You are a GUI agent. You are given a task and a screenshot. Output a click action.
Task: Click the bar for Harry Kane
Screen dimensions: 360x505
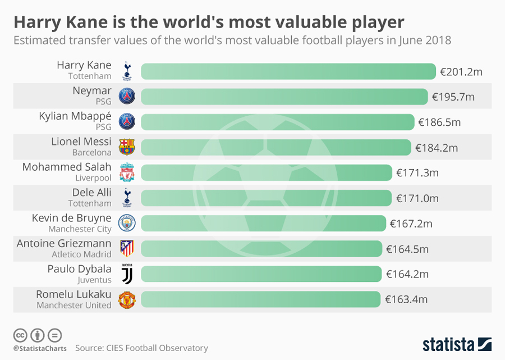(x=288, y=71)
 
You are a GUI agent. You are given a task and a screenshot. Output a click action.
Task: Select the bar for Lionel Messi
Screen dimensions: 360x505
(x=276, y=147)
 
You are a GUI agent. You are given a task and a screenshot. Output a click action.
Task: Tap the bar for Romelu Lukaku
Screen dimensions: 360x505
(x=261, y=299)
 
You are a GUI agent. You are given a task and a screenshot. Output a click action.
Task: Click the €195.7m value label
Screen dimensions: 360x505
(x=453, y=97)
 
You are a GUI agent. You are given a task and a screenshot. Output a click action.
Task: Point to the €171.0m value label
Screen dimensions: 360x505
(x=417, y=198)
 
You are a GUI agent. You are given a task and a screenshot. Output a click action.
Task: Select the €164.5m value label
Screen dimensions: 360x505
(x=407, y=249)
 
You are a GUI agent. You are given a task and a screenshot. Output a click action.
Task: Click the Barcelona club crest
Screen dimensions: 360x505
(x=127, y=147)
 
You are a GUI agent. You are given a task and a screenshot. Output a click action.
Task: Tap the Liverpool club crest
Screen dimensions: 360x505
(x=127, y=172)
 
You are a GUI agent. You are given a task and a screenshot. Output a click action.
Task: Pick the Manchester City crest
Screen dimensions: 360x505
(x=127, y=224)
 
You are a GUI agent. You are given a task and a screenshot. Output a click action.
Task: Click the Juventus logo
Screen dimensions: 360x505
(x=127, y=274)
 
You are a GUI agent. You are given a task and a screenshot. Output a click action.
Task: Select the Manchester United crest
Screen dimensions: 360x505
(x=127, y=299)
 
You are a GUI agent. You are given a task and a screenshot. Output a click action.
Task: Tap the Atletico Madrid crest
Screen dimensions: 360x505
(x=127, y=248)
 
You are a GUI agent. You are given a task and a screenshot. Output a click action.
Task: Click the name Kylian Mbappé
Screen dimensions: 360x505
(x=75, y=116)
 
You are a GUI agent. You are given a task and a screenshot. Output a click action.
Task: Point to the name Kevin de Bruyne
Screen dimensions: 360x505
(x=72, y=218)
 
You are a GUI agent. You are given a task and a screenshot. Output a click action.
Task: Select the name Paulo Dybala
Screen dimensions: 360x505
(x=79, y=268)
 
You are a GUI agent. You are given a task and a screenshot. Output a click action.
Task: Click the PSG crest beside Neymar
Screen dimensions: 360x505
(x=127, y=97)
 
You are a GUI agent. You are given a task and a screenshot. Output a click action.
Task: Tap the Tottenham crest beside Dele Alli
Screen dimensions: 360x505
(x=127, y=198)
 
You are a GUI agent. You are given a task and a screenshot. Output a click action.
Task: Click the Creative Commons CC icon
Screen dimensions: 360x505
(x=20, y=335)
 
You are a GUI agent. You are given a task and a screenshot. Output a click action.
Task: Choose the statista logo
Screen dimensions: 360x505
(x=457, y=343)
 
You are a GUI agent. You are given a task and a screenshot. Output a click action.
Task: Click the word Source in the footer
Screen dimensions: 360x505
(x=89, y=348)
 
